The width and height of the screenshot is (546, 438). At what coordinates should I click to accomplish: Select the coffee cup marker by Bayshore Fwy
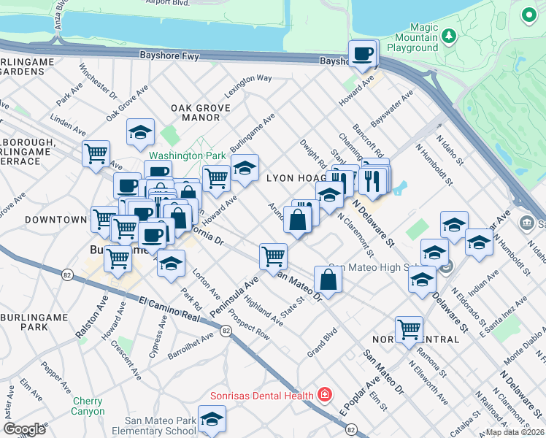(363, 53)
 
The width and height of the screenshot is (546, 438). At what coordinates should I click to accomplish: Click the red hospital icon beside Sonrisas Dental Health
(324, 395)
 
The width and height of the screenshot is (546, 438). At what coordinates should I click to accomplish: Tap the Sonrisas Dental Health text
(262, 396)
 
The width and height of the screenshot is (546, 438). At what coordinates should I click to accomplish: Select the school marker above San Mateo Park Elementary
(212, 418)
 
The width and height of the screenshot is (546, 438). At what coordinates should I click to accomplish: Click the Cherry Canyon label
(88, 406)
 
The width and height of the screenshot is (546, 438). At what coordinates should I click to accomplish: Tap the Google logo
(25, 429)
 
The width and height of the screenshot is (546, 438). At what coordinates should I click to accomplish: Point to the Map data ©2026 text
(515, 432)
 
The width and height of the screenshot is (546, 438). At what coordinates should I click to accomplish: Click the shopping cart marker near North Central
(409, 328)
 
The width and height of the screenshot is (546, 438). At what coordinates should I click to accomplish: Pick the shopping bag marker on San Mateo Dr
(328, 279)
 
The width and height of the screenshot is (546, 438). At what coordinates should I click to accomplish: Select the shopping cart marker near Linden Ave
(96, 154)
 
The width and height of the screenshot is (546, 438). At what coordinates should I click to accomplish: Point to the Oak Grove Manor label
(200, 112)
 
